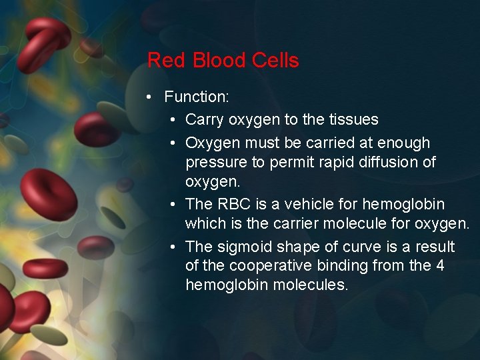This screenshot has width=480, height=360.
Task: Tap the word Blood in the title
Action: tap(210, 61)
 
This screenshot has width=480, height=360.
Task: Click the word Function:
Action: tap(197, 97)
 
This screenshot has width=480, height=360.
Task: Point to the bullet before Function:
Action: tap(151, 97)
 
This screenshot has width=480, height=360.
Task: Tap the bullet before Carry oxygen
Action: tap(173, 120)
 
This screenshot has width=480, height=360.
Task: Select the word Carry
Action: tap(205, 120)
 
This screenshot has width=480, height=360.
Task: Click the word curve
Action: tap(357, 247)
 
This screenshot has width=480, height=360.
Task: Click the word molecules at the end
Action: tap(313, 285)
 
